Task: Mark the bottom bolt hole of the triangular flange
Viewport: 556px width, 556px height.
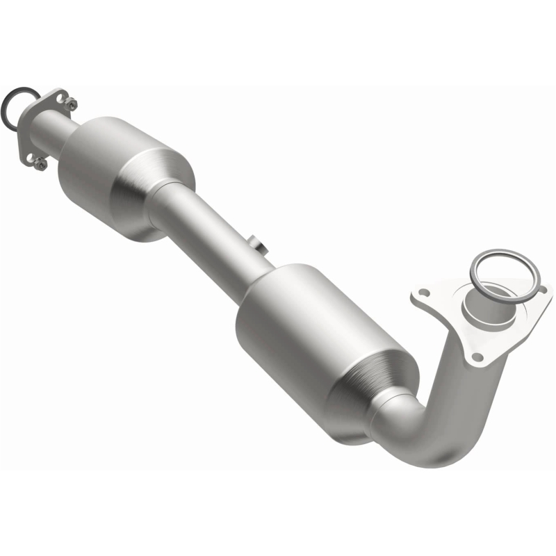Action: tap(477, 357)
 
